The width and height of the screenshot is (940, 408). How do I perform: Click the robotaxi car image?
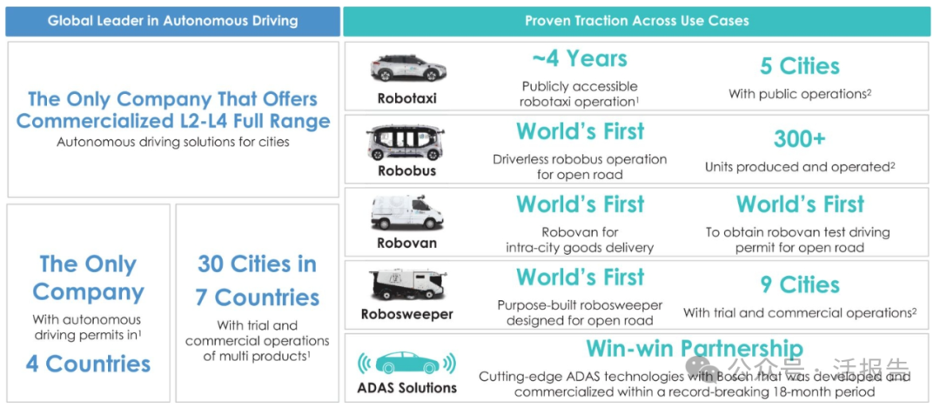coord(407,68)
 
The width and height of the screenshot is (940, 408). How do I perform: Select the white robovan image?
coord(407,213)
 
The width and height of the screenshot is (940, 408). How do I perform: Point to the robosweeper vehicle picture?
coord(407,285)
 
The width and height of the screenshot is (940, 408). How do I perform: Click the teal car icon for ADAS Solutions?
coord(407,363)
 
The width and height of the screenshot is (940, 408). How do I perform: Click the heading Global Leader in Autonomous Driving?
coord(172,21)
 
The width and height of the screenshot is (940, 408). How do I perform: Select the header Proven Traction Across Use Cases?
coord(636,21)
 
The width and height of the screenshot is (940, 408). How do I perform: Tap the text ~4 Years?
coord(580,58)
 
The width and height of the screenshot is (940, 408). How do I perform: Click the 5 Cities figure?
coord(800,66)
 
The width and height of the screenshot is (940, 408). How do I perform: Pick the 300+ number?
coord(800,139)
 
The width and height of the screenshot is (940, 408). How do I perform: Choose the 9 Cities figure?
coord(800,284)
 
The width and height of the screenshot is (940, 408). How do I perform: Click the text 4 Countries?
coord(88,364)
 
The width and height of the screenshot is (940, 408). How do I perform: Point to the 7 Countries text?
coord(257,298)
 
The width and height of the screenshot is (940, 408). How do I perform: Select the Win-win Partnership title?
coord(695,348)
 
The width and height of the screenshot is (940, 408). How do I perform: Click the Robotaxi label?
coord(407,98)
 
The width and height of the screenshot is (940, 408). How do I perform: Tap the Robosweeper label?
coord(407,314)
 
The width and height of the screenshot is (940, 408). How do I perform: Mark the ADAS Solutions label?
coord(407,388)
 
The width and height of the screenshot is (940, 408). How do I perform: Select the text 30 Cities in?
coord(257,264)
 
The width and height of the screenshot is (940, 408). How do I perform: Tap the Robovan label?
coord(407,244)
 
